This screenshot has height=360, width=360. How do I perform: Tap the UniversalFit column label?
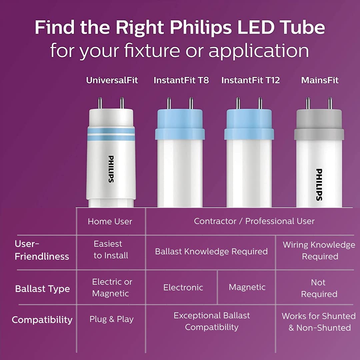112,80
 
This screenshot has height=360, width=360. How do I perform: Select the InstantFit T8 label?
181,80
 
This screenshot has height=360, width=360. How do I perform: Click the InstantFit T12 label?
250,80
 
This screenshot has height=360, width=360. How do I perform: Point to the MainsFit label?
320,80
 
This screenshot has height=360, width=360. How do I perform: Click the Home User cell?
110,222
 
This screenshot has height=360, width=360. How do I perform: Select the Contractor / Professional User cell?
254,221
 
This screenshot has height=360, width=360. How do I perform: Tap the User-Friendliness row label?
42,250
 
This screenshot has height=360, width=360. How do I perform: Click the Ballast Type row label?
42,289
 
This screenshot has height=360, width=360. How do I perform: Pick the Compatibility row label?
42,320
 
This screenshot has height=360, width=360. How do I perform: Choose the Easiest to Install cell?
110,250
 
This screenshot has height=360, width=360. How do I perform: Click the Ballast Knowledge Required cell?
211,251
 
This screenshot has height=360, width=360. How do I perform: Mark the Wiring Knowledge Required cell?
319,251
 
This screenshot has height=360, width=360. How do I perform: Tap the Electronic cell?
183,287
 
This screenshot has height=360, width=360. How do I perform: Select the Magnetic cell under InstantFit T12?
247,287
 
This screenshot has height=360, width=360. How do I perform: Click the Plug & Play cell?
111,319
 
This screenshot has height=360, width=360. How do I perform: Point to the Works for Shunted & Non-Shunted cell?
319,322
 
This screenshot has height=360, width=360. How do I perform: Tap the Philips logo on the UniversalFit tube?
111,169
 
